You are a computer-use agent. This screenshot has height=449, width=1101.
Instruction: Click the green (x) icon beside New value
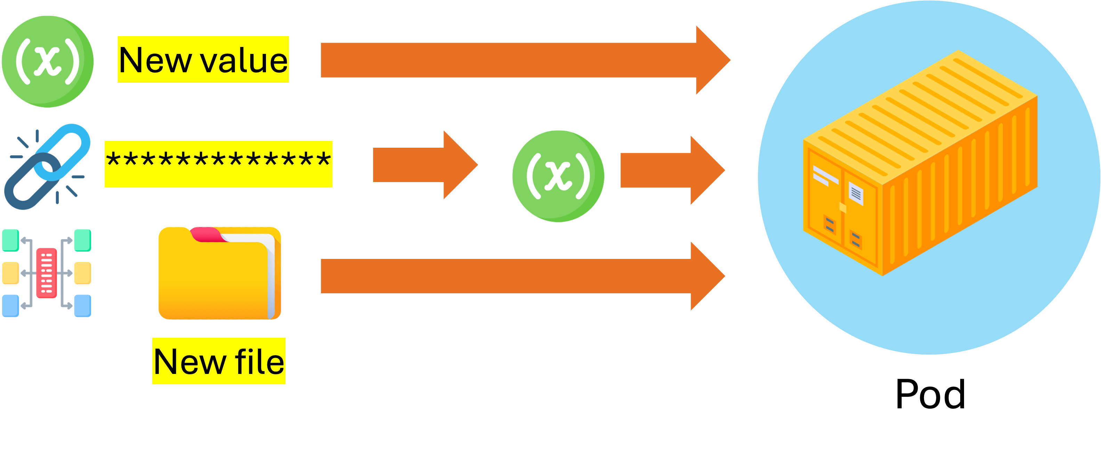point(47,61)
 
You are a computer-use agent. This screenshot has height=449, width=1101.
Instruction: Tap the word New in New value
point(155,60)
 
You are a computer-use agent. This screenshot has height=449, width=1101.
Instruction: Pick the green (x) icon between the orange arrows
point(558,175)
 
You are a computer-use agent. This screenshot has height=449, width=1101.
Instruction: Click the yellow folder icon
point(218,276)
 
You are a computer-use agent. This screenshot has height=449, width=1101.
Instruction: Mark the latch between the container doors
point(843,207)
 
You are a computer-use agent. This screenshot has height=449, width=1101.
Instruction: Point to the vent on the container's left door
point(829,224)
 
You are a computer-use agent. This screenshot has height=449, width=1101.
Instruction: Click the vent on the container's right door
point(855,240)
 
